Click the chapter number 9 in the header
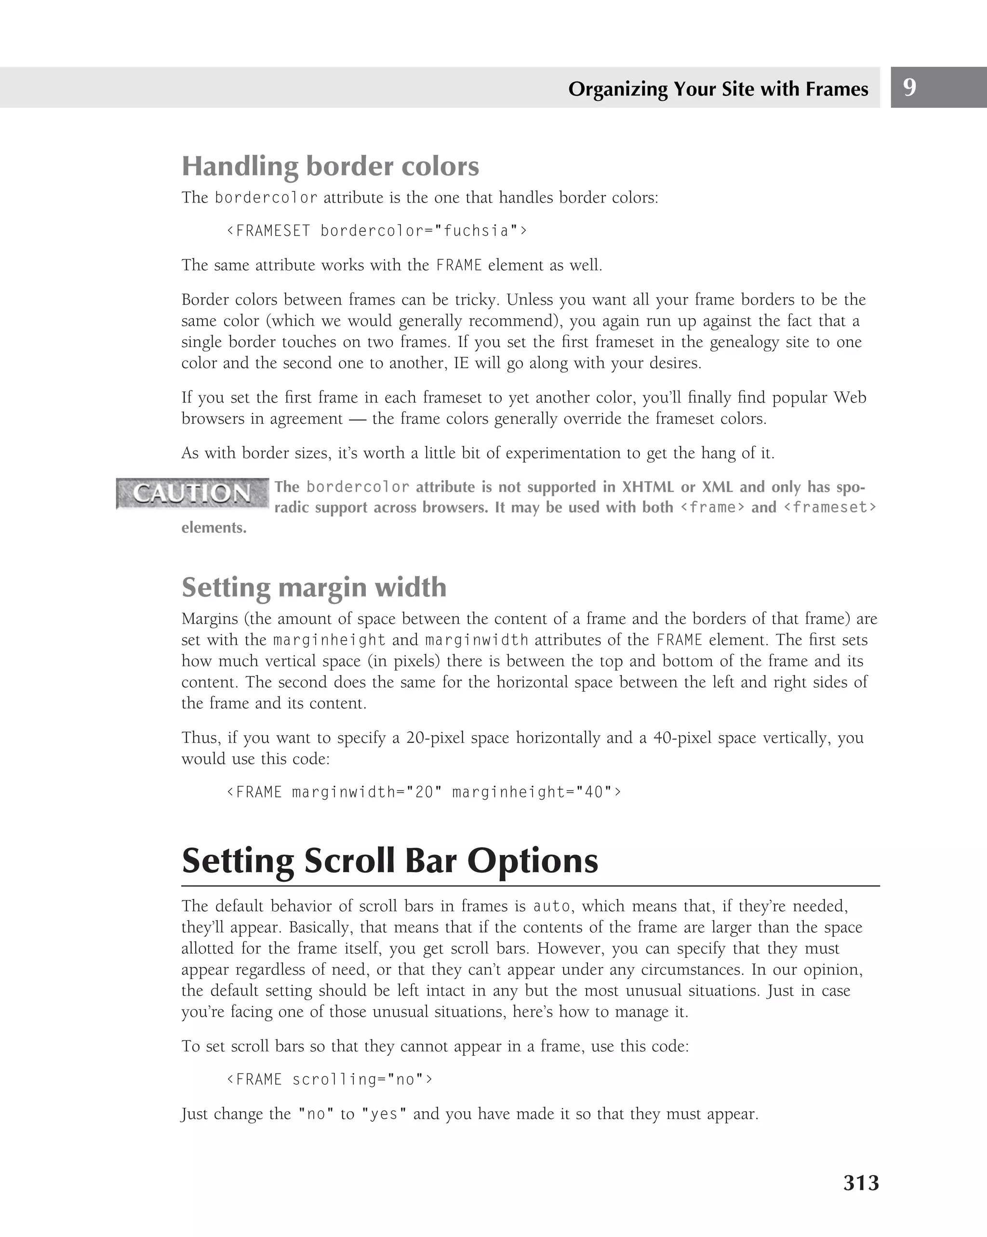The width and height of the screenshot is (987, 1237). (x=909, y=87)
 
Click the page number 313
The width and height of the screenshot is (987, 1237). (x=861, y=1183)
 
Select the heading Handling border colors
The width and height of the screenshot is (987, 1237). (x=330, y=166)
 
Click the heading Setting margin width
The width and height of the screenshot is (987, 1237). (x=314, y=587)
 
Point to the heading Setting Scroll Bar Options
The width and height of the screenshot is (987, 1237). (x=389, y=861)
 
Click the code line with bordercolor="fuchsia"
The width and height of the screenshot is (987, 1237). (x=376, y=230)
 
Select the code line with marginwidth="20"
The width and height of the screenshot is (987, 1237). (x=424, y=793)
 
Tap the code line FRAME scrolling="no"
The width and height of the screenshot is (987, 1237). (x=330, y=1079)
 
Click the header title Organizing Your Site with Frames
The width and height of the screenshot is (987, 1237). (x=718, y=89)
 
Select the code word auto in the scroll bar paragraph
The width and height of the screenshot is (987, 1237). (x=551, y=906)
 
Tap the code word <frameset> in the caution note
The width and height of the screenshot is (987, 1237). (x=829, y=507)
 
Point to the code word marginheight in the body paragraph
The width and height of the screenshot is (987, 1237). (x=329, y=640)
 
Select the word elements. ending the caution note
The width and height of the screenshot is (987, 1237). (x=214, y=528)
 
